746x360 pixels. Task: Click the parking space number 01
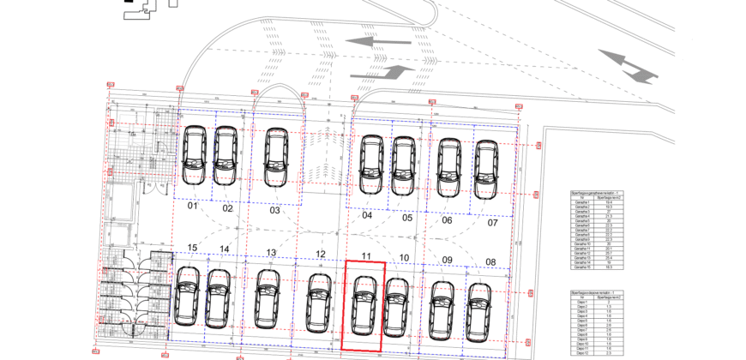click(193, 207)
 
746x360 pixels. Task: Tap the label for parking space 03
click(274, 210)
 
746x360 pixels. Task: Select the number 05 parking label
click(407, 218)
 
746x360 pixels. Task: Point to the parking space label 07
click(492, 223)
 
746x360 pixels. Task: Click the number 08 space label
click(490, 261)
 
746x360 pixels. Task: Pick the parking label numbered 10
click(405, 258)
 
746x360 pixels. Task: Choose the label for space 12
click(320, 254)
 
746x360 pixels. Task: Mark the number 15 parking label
click(193, 249)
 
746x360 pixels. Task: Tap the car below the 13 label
click(268, 297)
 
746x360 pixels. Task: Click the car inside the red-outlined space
click(363, 304)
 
